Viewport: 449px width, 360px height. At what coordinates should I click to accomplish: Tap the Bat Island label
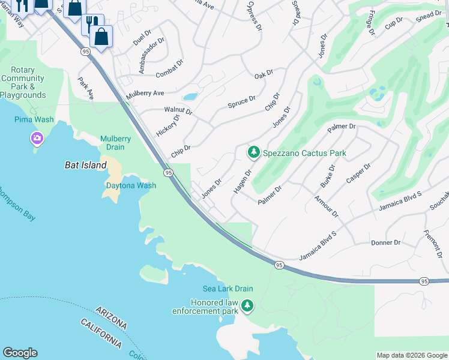[x=81, y=164]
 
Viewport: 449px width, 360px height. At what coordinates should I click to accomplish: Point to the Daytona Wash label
[x=131, y=185]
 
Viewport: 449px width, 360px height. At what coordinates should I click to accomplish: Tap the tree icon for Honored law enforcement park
[x=247, y=307]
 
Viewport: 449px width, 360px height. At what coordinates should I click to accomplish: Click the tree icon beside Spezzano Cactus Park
[x=254, y=153]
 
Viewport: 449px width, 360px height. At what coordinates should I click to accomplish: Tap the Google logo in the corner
[x=20, y=353]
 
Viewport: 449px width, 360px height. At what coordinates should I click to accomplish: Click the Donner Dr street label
[x=385, y=242]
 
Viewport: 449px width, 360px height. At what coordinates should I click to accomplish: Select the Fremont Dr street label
[x=433, y=244]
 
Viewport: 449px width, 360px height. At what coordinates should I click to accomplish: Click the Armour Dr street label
[x=326, y=206]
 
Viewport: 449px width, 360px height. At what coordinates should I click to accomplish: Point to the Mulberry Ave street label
[x=145, y=94]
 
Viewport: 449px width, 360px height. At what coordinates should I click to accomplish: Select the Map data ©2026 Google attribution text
[x=411, y=355]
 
